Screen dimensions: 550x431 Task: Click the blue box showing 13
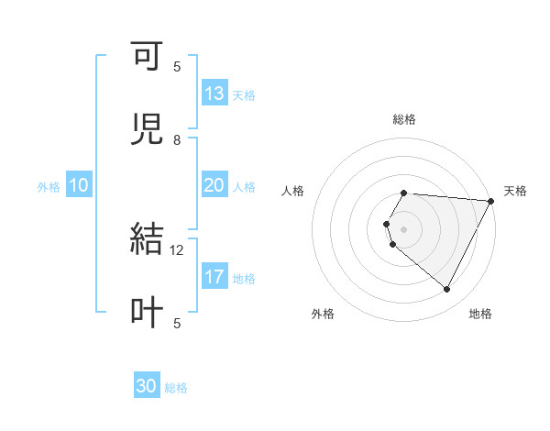point(214,94)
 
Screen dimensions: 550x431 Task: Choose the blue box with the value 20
point(214,185)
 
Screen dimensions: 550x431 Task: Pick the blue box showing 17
point(214,277)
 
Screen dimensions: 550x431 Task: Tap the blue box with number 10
point(79,185)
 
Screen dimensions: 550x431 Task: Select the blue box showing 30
point(147,386)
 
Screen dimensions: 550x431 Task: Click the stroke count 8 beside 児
point(177,139)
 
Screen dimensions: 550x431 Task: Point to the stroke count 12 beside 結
point(177,249)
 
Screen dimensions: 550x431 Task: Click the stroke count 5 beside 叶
point(177,323)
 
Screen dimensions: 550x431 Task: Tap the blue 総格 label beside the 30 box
point(176,388)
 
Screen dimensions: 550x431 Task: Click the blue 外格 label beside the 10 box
point(49,187)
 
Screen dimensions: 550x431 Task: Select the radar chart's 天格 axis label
point(515,191)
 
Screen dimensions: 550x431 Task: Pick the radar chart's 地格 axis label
point(480,315)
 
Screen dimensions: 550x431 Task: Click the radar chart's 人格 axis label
point(293,191)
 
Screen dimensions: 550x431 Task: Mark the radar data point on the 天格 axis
point(491,201)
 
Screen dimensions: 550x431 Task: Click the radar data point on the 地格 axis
point(447,290)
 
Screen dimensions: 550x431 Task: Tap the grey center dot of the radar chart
point(404,229)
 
